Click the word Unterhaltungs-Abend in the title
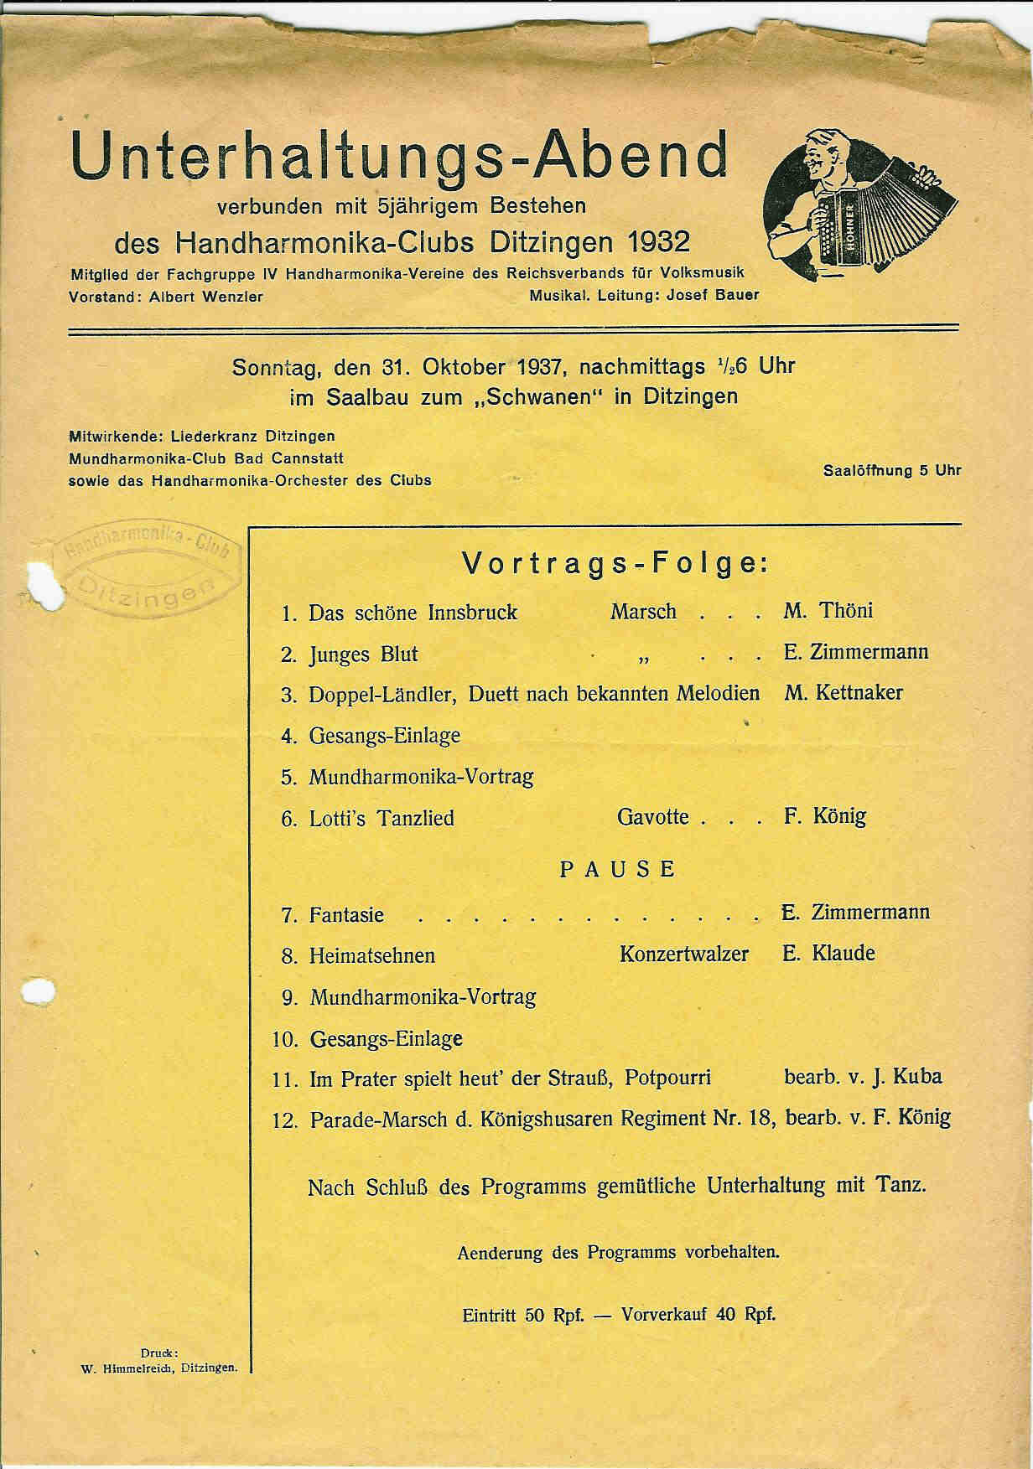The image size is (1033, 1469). pyautogui.click(x=399, y=156)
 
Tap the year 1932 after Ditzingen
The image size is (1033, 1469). pyautogui.click(x=657, y=243)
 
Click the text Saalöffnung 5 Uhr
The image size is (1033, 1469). pyautogui.click(x=892, y=470)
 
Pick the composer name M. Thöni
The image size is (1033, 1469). pyautogui.click(x=828, y=611)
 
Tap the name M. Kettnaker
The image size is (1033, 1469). pyautogui.click(x=843, y=693)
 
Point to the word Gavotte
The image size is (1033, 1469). pyautogui.click(x=652, y=816)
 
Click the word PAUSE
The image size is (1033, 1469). pyautogui.click(x=617, y=869)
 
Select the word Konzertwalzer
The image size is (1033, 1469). pyautogui.click(x=683, y=954)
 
